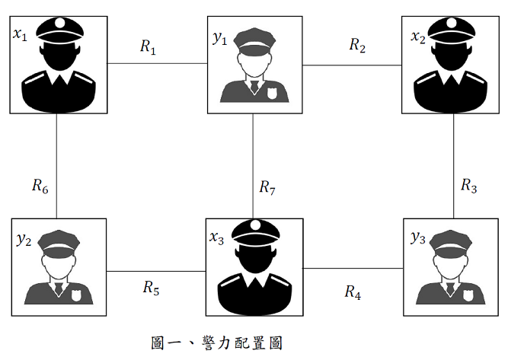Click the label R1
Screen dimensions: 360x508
[148, 46]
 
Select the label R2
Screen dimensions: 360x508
[357, 45]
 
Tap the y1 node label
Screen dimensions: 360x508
[220, 37]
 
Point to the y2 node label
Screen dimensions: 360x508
[24, 240]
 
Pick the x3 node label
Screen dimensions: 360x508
[217, 237]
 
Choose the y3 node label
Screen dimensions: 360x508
[417, 238]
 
